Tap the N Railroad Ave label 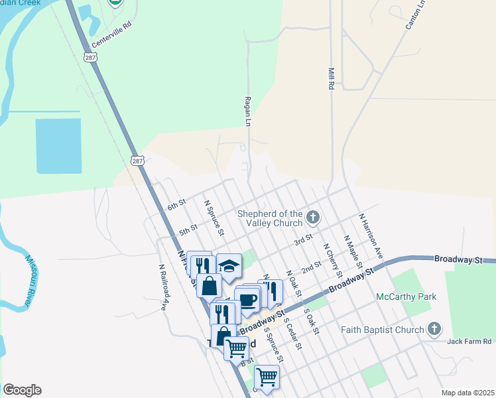[162, 288]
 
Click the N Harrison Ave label [371, 235]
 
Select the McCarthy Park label [406, 297]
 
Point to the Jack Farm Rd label [469, 341]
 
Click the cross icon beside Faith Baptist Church [434, 329]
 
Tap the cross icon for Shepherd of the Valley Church [312, 216]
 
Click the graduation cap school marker [229, 266]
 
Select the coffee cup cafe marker [247, 299]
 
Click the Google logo [22, 390]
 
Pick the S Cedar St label [292, 333]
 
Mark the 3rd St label [304, 239]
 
